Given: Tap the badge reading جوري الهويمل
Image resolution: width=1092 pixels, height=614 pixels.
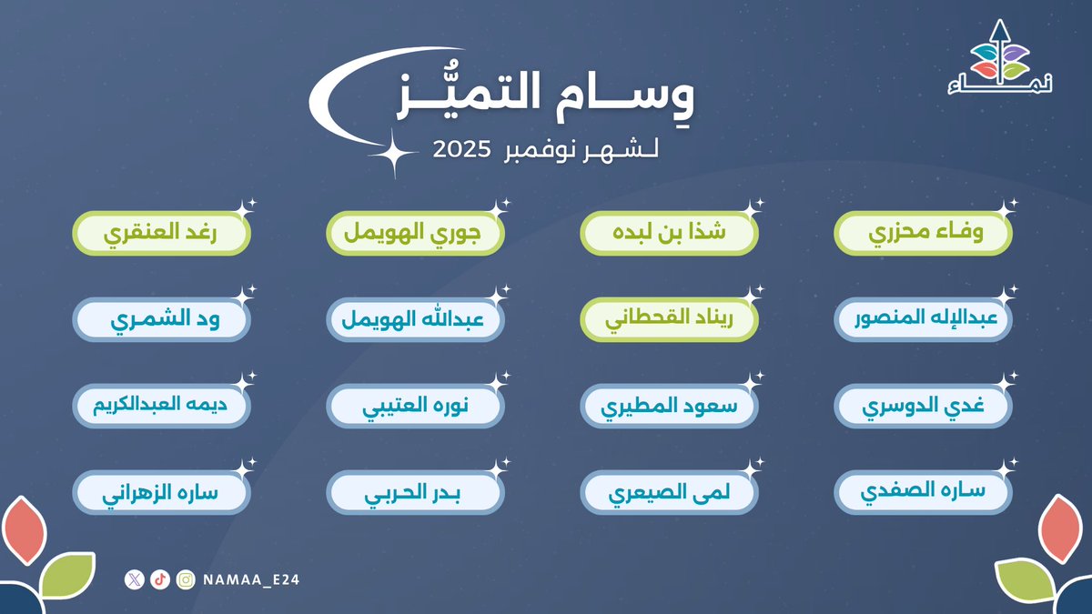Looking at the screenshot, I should pos(416,234).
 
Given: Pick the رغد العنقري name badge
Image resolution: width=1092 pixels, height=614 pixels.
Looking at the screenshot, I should pos(161,234).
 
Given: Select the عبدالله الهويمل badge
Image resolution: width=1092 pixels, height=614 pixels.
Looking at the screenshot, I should pos(416,321).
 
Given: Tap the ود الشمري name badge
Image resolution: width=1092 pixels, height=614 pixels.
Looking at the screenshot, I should pos(161,321).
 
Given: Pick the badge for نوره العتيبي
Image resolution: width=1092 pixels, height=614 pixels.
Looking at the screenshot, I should pos(416,407).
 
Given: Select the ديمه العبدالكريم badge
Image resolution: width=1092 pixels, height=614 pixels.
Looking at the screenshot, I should pos(161,407).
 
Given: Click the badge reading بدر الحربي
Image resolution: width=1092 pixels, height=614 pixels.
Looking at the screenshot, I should pos(416,492).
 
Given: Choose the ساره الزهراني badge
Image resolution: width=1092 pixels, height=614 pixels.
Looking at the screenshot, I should pos(161,492).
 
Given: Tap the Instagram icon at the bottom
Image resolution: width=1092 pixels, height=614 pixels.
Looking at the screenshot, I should pos(186,579).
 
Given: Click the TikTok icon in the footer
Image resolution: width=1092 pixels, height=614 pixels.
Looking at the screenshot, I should pos(161,579).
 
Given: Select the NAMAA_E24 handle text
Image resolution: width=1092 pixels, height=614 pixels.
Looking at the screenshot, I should pos(245,579).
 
